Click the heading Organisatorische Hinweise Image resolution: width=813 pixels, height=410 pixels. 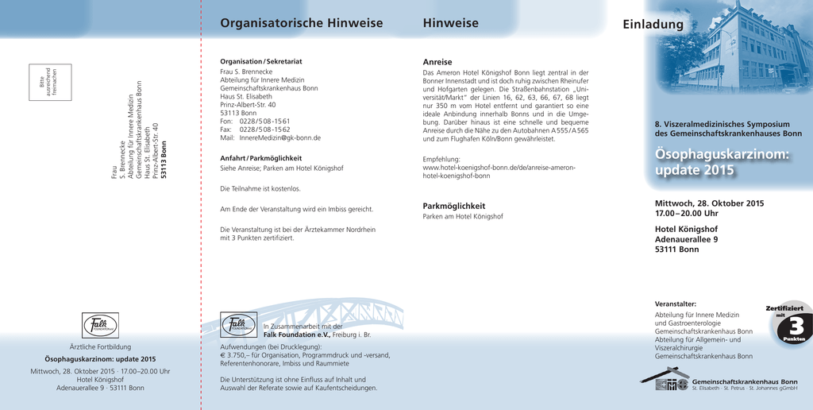[x=301, y=23]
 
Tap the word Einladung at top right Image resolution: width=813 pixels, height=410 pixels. [x=653, y=25]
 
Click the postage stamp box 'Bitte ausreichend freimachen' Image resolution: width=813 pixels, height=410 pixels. [x=50, y=83]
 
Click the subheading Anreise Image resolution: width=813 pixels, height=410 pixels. [x=437, y=62]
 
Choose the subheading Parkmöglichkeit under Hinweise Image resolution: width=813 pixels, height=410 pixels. [x=453, y=206]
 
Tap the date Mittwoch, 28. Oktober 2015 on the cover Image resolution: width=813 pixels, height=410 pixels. [x=709, y=203]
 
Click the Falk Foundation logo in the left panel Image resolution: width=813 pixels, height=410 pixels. [x=100, y=326]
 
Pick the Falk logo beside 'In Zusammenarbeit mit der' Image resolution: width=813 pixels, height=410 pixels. [x=238, y=326]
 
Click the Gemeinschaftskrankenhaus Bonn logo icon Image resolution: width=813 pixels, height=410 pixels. [x=665, y=380]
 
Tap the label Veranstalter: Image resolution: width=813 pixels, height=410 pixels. [x=675, y=304]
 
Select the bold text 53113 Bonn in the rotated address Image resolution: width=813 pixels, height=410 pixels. [x=164, y=160]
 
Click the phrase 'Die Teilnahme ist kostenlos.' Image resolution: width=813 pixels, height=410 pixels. [x=260, y=189]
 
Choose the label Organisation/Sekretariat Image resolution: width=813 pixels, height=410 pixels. [x=260, y=61]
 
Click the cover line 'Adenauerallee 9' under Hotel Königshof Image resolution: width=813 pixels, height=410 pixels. [x=686, y=239]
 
